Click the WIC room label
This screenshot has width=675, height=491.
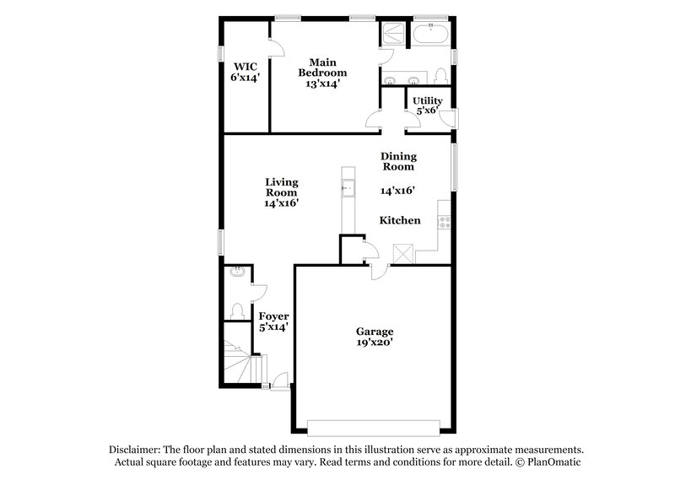pos(245,65)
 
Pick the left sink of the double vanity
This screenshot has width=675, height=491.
pos(391,80)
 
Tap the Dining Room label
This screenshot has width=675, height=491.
pos(398,161)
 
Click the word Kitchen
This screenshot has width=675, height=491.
pos(399,220)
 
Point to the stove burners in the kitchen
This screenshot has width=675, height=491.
pos(444,223)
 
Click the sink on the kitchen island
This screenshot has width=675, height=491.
pos(347,188)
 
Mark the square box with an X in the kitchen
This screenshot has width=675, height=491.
pos(403,254)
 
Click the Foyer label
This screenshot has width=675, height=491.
pos(273,316)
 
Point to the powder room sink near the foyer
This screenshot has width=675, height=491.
pos(238,272)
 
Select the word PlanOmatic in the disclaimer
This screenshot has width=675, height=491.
pos(548,462)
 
